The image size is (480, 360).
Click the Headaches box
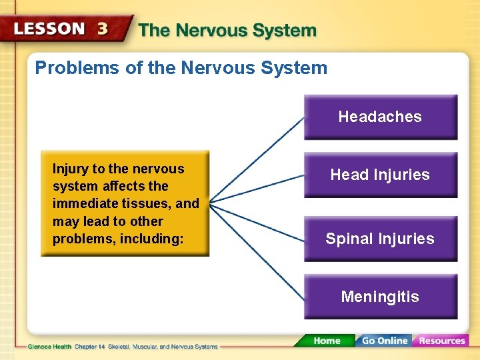[x=380, y=117]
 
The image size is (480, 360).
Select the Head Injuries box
[x=380, y=175]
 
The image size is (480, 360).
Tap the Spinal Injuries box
[x=380, y=239]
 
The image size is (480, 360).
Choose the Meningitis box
[x=380, y=297]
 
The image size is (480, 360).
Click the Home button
[x=327, y=341]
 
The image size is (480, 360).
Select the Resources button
[x=441, y=341]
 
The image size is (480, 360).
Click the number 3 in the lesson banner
[x=103, y=29]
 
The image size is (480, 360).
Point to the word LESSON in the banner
[x=50, y=29]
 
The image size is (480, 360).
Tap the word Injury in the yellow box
[x=69, y=169]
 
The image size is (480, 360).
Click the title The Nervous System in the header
[x=227, y=31]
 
